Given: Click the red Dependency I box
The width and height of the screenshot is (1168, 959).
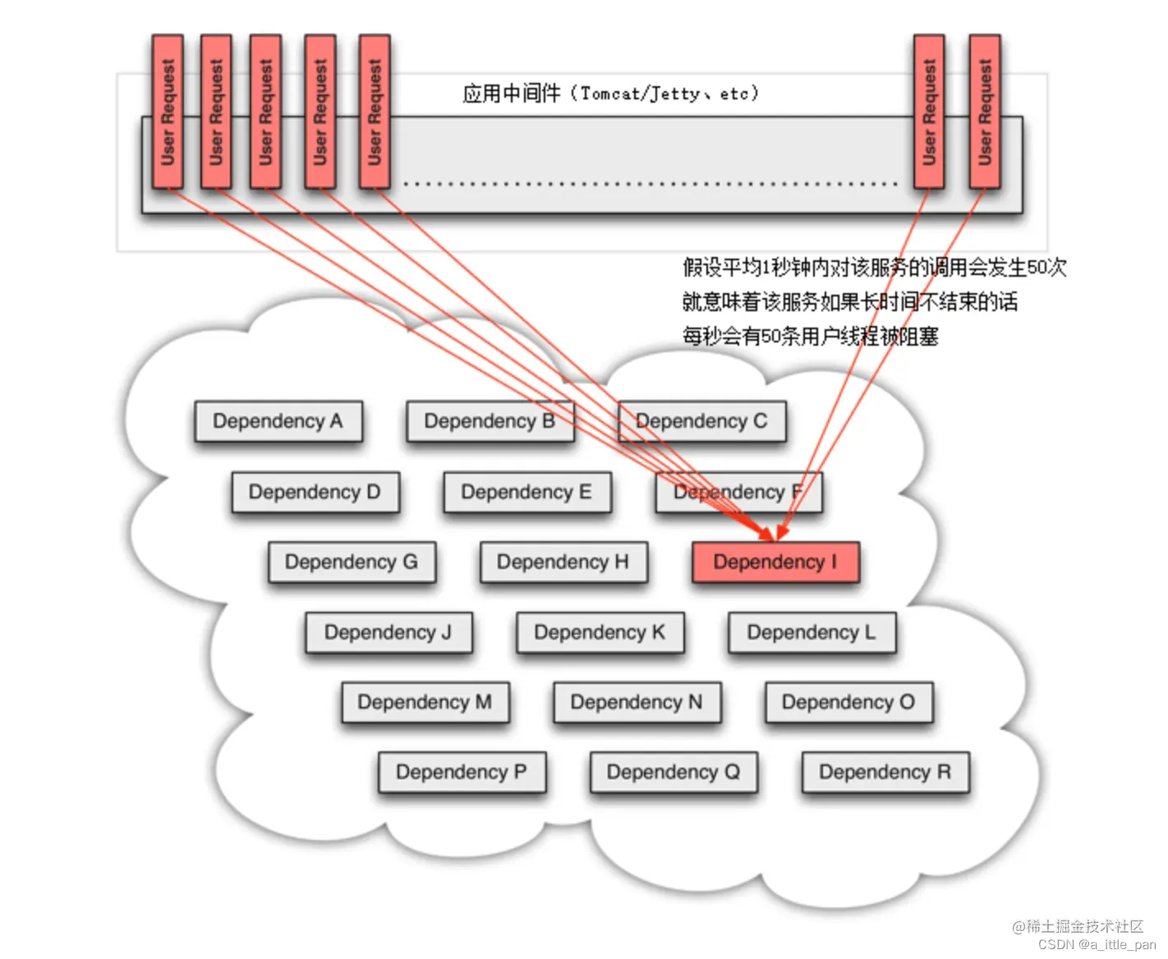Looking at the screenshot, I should click(x=775, y=562).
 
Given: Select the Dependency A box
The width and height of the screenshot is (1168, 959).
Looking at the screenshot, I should click(x=278, y=421).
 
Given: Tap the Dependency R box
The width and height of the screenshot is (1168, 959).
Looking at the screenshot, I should click(x=885, y=773).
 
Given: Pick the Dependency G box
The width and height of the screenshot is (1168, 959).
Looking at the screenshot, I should click(x=352, y=562).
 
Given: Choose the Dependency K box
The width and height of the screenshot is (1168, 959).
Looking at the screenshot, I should click(x=600, y=632).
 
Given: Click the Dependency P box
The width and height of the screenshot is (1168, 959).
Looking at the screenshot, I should click(x=462, y=773).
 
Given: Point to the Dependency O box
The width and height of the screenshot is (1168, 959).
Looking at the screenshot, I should click(x=848, y=703).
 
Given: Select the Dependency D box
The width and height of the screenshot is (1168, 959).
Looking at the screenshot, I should click(x=315, y=492).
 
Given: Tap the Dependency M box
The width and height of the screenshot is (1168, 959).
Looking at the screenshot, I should click(x=425, y=703).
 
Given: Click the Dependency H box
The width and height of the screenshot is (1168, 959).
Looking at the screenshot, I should click(x=563, y=562).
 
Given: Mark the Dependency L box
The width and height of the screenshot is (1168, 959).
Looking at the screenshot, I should click(x=812, y=632).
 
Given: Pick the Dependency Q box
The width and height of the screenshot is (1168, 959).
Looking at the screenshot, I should click(x=674, y=773).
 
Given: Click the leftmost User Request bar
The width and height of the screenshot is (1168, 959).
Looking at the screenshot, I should click(x=168, y=112).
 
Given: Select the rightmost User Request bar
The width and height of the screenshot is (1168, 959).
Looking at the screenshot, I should click(x=984, y=112).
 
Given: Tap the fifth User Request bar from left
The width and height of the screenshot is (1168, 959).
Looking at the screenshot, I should click(x=375, y=112).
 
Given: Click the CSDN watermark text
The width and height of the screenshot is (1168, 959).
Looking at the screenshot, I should click(x=1096, y=945).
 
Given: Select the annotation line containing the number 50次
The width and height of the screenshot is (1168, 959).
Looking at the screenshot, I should click(x=874, y=267).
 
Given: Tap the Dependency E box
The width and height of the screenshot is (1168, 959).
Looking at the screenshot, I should click(x=527, y=492).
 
